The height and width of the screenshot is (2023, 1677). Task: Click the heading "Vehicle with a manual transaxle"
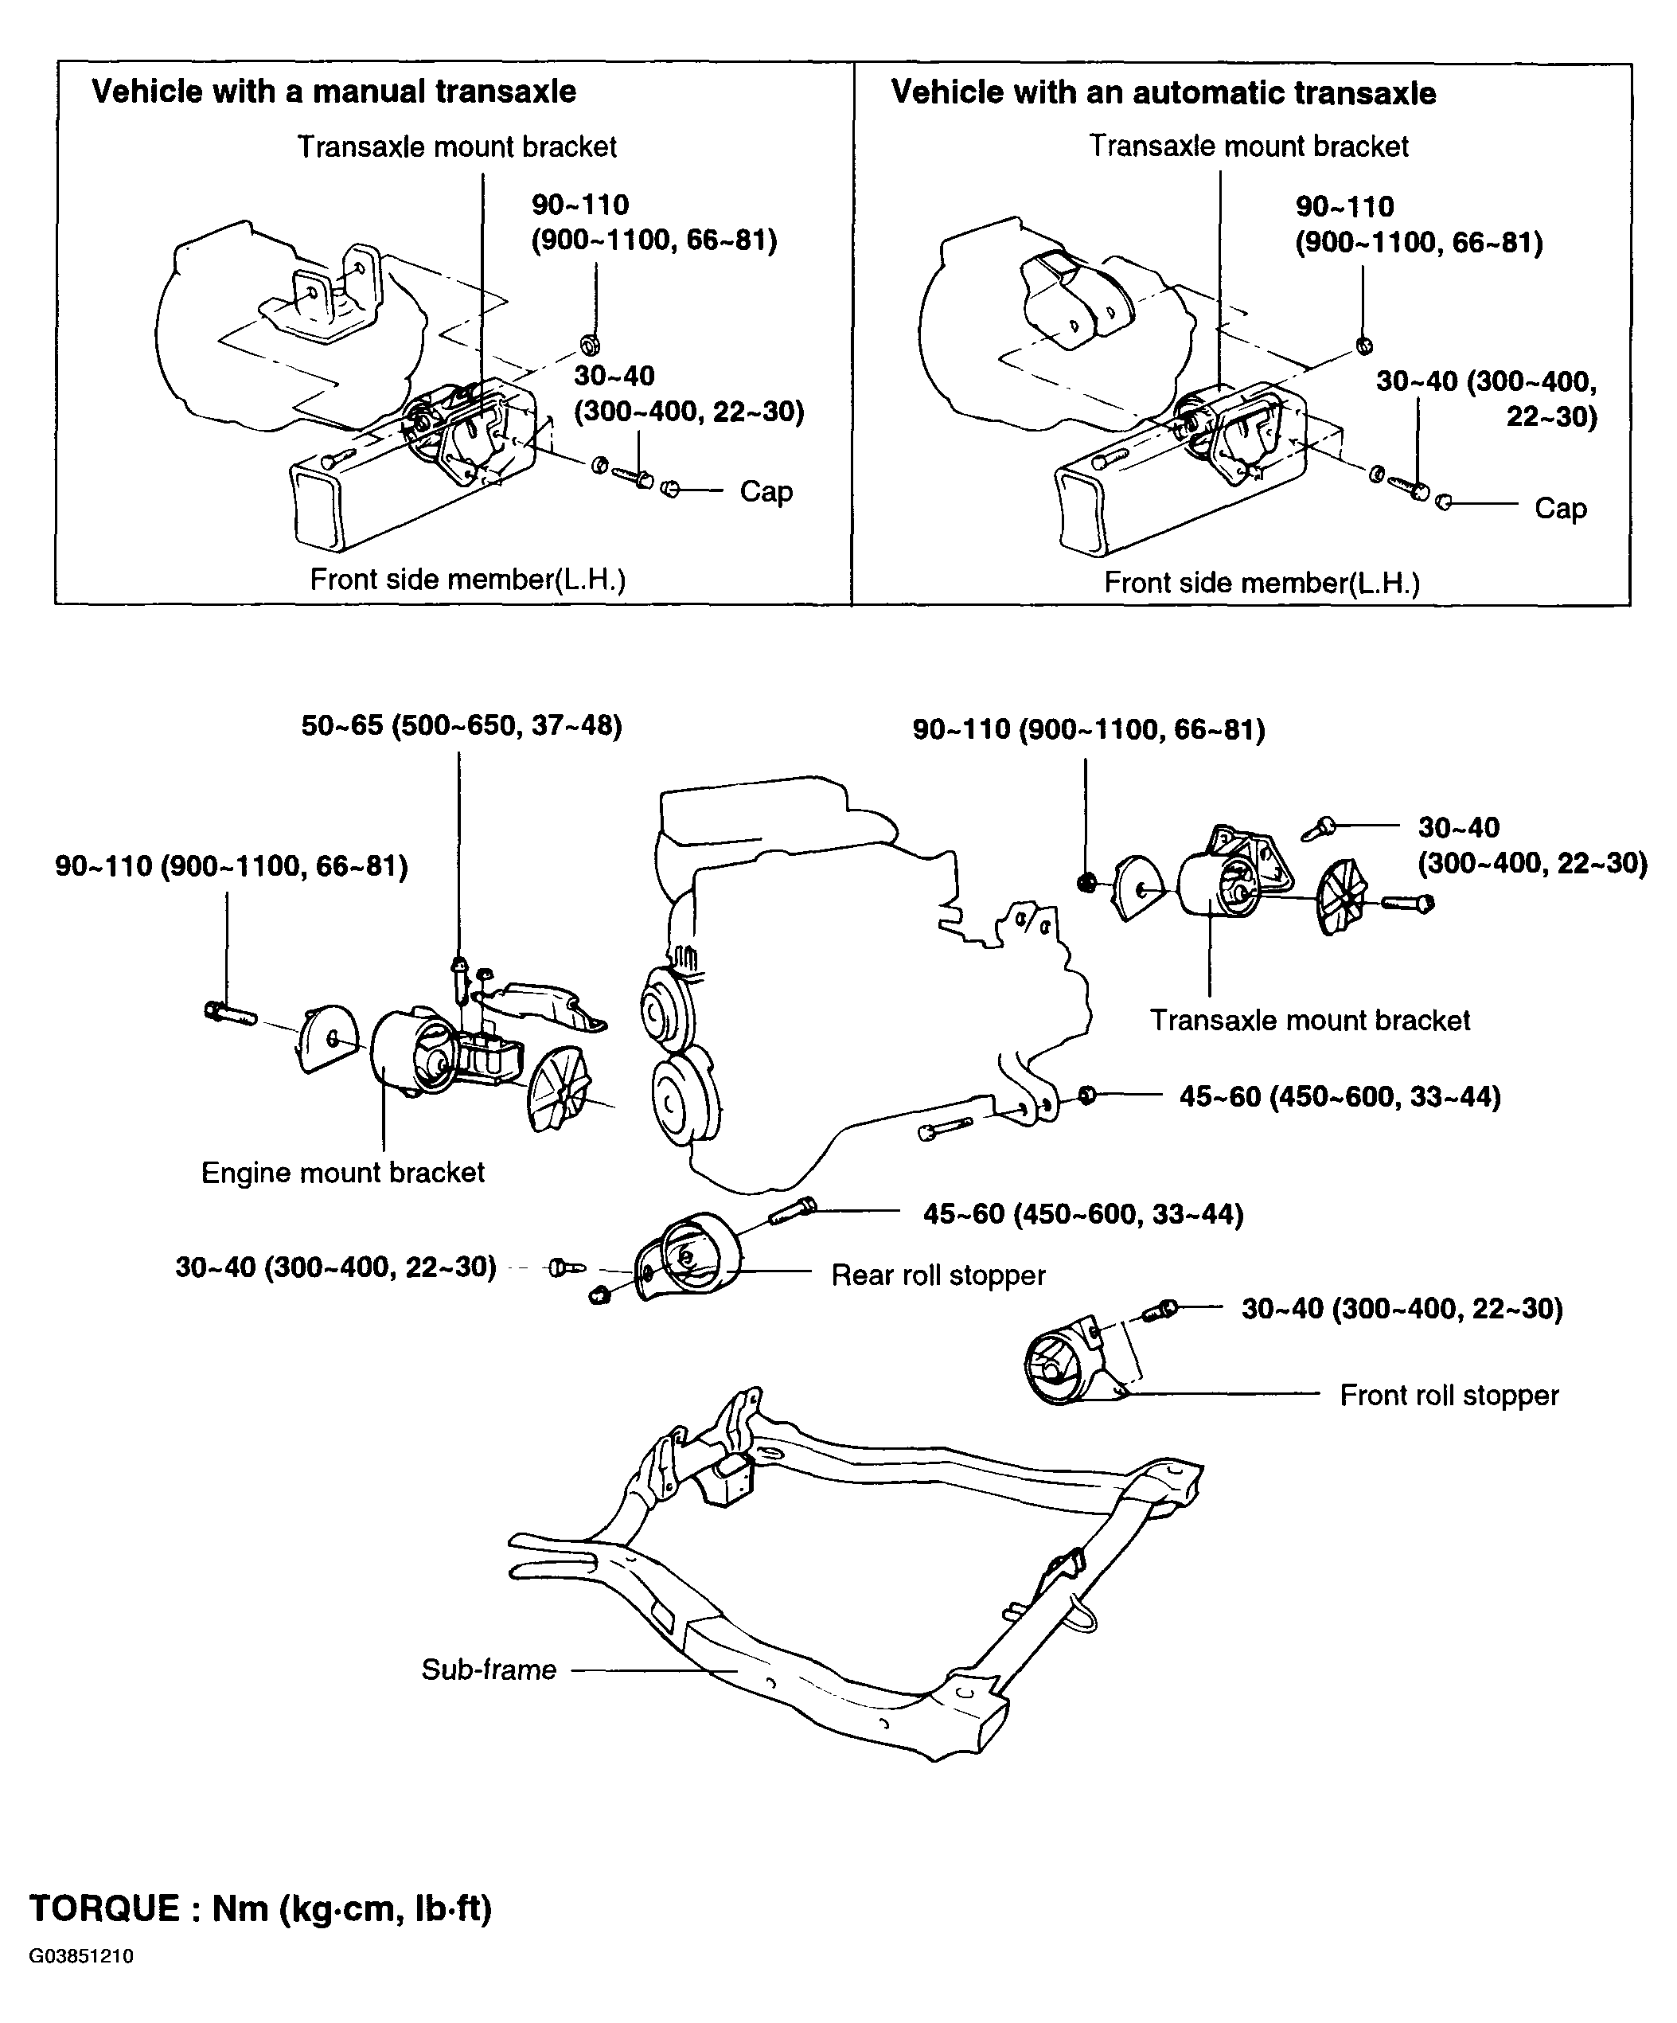click(x=333, y=92)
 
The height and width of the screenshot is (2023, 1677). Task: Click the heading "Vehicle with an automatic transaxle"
click(x=1164, y=92)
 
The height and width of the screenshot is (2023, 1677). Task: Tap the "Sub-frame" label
click(x=489, y=1670)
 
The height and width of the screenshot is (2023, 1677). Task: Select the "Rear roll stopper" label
click(x=938, y=1275)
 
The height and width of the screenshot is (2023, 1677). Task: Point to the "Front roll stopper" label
click(x=1449, y=1395)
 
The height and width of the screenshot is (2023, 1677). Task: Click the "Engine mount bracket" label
click(x=343, y=1173)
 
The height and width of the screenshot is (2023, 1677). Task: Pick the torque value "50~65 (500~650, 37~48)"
click(x=462, y=725)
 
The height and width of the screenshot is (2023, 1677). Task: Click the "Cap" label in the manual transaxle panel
click(x=766, y=491)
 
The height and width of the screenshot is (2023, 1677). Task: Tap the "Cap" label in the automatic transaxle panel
click(x=1561, y=508)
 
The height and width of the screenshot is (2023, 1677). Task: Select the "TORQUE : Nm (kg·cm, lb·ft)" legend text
click(x=261, y=1908)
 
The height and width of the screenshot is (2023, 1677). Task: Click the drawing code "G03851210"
click(x=81, y=1957)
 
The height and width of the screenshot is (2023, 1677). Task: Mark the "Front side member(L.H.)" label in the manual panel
click(x=468, y=579)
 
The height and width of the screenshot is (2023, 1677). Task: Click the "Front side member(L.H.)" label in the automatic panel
click(x=1262, y=582)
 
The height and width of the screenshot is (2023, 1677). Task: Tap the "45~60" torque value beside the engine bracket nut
click(x=1340, y=1096)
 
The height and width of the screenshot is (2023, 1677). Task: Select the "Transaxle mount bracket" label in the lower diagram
click(x=1310, y=1020)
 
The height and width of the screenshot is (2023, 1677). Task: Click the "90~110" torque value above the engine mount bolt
click(x=231, y=867)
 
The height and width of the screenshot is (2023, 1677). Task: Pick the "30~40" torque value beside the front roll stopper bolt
click(x=1402, y=1308)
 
